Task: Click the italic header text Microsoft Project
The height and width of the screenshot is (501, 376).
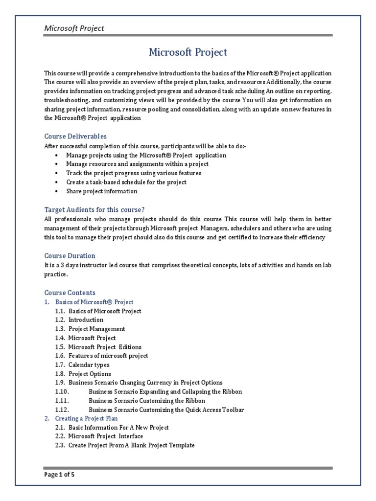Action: tap(74, 28)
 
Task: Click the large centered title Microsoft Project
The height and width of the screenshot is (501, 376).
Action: tap(188, 52)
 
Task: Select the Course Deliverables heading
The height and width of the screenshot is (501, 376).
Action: tap(75, 136)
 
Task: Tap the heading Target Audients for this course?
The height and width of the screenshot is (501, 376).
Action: tap(94, 209)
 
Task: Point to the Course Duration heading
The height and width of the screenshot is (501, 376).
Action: tap(70, 255)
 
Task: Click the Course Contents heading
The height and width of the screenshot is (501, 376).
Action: tap(70, 292)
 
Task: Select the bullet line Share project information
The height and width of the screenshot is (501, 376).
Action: tap(102, 191)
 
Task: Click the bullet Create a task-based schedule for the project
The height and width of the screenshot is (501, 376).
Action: tap(126, 182)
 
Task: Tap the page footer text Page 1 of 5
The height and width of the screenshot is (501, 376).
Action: tap(59, 474)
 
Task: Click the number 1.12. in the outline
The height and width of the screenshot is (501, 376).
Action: tap(62, 410)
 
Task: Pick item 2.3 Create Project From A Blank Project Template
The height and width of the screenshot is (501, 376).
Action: tap(131, 445)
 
